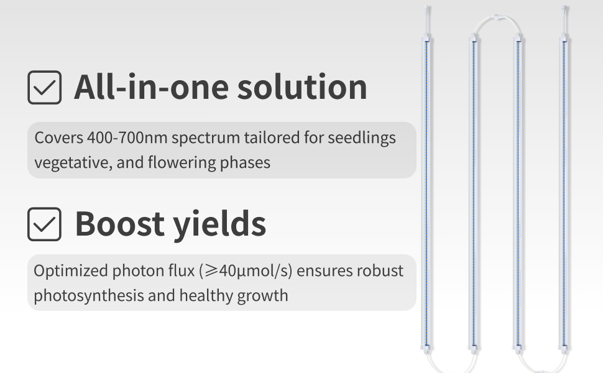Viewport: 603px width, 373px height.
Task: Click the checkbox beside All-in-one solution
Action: point(45,87)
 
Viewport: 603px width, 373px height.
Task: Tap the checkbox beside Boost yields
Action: point(45,224)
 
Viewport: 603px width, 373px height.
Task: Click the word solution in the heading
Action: point(302,87)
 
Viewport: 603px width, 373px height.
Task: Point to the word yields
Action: point(219,225)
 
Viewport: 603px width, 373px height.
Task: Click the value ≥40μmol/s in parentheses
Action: point(246,271)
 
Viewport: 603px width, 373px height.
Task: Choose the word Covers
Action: point(59,137)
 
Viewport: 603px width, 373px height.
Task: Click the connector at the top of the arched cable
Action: point(497,17)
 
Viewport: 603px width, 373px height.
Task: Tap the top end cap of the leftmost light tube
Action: point(426,38)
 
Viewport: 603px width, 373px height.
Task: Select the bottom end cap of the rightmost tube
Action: point(564,349)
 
